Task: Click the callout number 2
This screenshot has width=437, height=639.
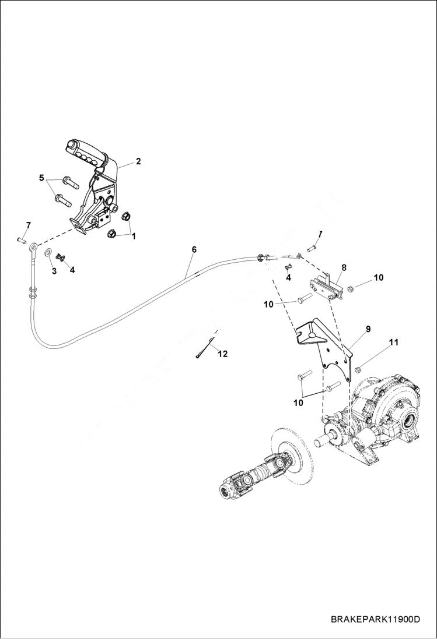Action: (138, 161)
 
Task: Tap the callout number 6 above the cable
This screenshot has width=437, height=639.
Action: (194, 250)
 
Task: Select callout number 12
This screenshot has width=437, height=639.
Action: (222, 354)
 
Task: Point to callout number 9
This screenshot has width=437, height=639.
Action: (368, 329)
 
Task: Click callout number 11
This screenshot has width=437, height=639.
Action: (394, 342)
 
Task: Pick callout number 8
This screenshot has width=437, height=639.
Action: (344, 267)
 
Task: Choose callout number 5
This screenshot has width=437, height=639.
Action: (41, 178)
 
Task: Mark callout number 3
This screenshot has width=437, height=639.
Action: (54, 271)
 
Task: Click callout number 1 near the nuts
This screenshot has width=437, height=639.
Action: (133, 236)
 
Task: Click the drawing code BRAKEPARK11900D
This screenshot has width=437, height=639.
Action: (375, 619)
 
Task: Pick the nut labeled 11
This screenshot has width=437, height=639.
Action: (358, 368)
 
